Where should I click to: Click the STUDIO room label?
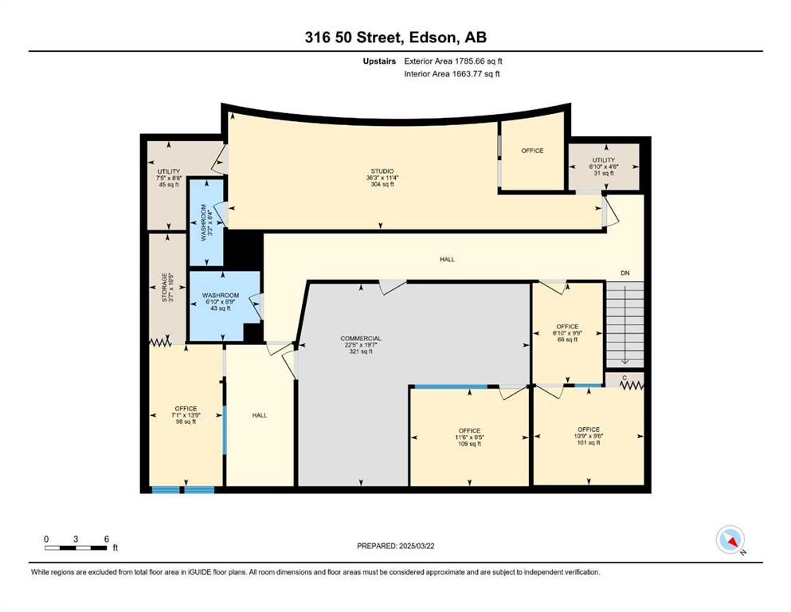pos(382,171)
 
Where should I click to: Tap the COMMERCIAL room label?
pos(361,339)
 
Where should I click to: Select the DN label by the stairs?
pos(625,273)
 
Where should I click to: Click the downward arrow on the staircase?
pos(625,323)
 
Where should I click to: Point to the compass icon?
pos(730,539)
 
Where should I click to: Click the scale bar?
pos(76,547)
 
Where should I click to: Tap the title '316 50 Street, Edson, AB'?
pos(395,37)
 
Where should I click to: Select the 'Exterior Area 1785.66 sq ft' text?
pos(453,61)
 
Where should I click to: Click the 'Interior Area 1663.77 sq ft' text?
pos(452,74)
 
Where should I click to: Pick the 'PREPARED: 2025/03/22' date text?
pos(395,546)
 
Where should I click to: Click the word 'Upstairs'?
pos(379,61)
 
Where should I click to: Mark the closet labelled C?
pos(625,379)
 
